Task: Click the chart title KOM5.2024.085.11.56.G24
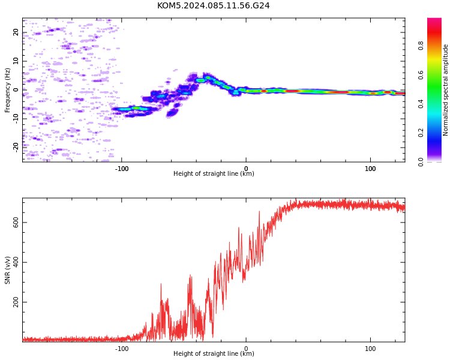(x=213, y=5)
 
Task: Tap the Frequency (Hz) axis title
(x=7, y=90)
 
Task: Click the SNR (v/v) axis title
(x=7, y=270)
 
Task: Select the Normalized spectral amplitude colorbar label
(x=445, y=90)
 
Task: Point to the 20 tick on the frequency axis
(x=16, y=32)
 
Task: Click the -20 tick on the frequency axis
(x=16, y=148)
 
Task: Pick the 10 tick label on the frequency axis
(x=16, y=61)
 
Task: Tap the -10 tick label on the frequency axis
(x=16, y=119)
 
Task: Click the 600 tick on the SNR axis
(x=16, y=223)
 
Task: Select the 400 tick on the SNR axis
(x=16, y=262)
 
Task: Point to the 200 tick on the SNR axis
(x=16, y=302)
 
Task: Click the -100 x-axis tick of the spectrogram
(x=122, y=169)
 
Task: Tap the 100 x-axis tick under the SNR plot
(x=370, y=349)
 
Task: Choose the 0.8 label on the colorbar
(x=421, y=46)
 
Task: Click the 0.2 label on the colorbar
(x=421, y=133)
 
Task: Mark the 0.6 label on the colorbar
(x=421, y=74)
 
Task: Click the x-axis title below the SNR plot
(x=214, y=353)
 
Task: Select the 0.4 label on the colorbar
(x=421, y=104)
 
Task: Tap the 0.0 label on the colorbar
(x=421, y=162)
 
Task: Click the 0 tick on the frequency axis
(x=16, y=90)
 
